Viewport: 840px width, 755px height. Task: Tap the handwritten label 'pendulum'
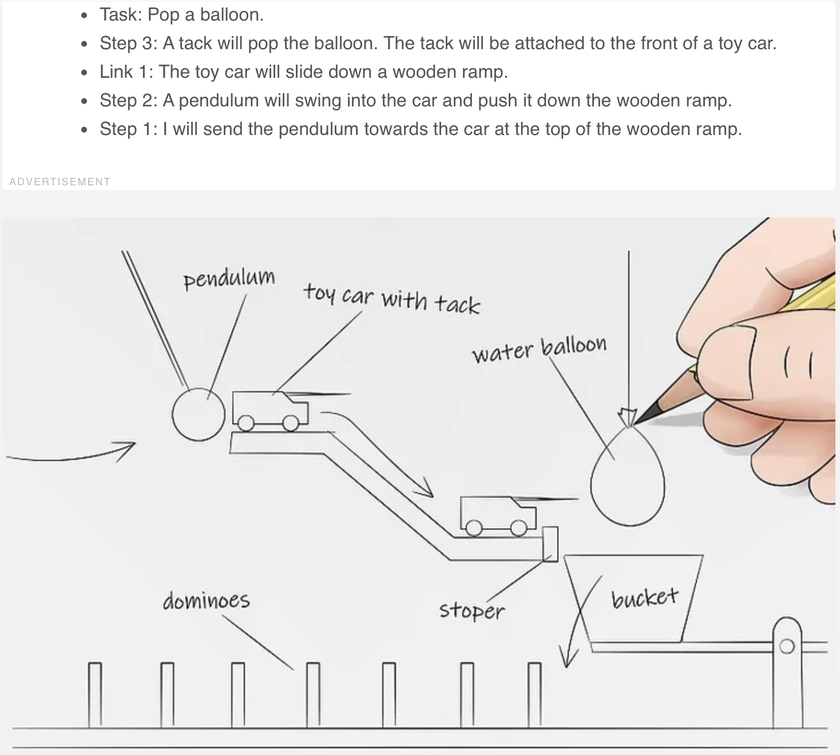229,279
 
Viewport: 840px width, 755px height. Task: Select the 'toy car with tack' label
391,299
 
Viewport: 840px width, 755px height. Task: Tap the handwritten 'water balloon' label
538,348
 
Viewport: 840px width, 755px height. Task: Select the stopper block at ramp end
550,544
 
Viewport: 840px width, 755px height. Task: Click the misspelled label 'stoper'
472,610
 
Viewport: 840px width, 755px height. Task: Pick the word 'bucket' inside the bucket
644,598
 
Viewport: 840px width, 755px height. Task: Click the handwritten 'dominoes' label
206,601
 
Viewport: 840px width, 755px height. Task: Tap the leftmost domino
95,694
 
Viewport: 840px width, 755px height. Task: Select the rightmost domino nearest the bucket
534,694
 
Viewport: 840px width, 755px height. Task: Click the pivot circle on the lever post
787,646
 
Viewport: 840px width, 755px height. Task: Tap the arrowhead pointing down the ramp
425,490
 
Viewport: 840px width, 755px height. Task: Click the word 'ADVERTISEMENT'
60,182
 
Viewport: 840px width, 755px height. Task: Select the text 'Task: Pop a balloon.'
181,15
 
